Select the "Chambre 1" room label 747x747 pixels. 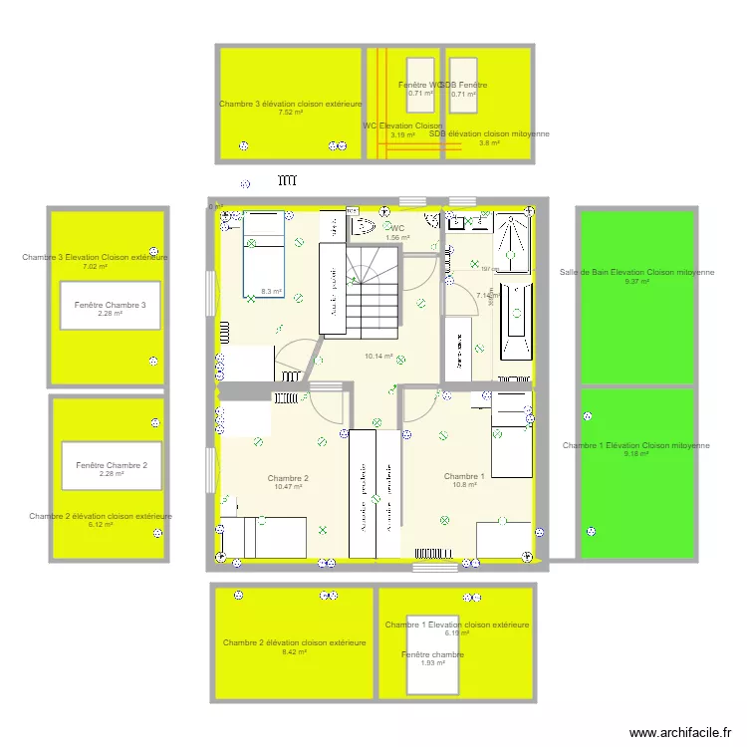coord(464,476)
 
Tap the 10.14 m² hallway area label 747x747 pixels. coord(378,356)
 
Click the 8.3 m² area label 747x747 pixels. coord(271,292)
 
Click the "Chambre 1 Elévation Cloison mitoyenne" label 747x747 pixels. coord(636,445)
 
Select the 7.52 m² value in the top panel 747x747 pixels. coord(291,113)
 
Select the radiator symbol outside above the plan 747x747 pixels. coord(288,181)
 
